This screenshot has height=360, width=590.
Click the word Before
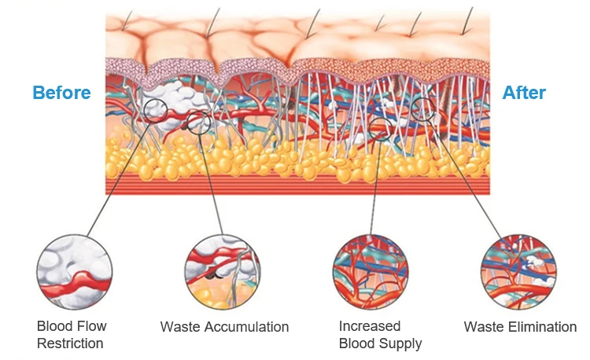click(x=61, y=93)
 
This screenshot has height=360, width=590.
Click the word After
click(x=524, y=93)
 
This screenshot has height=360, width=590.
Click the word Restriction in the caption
click(x=70, y=343)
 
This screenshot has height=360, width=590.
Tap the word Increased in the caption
click(x=370, y=325)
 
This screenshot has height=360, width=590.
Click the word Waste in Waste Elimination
click(x=482, y=326)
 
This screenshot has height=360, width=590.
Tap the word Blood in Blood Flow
click(x=53, y=325)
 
